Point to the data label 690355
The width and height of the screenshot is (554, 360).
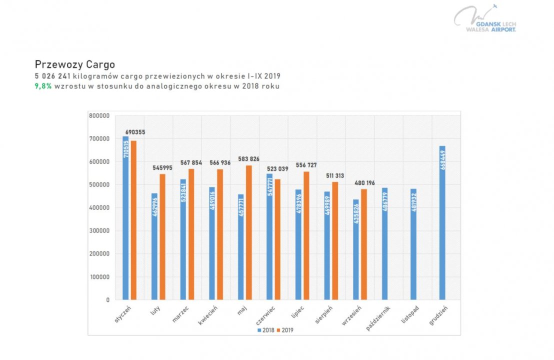[135, 132]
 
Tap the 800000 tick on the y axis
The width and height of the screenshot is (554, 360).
[99, 115]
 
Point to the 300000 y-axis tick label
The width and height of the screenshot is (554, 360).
[99, 231]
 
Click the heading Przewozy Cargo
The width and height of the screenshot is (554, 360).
[75, 64]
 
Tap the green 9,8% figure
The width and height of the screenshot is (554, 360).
[43, 86]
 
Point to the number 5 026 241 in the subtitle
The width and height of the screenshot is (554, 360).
[52, 76]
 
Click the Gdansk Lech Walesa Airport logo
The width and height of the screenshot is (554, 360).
[485, 20]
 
